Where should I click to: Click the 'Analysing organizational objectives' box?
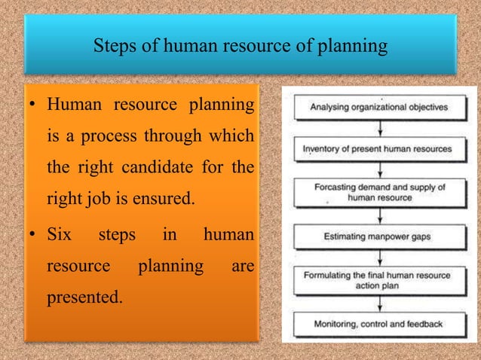[x=378, y=107]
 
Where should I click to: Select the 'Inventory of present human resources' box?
[x=378, y=149]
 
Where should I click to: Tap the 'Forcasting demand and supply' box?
[x=378, y=192]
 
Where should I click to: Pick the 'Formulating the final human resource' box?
[x=378, y=280]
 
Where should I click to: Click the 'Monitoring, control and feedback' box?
[x=378, y=324]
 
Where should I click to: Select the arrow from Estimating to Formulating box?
[x=378, y=258]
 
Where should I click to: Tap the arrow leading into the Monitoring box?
[x=378, y=303]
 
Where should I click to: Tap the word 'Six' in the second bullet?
[x=60, y=235]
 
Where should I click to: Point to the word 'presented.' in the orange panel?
[x=84, y=297]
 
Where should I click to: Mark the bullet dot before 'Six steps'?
[x=34, y=236]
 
